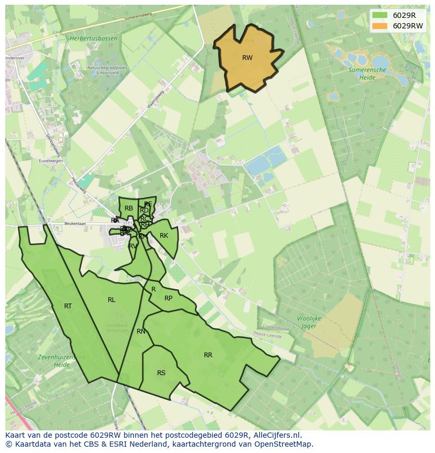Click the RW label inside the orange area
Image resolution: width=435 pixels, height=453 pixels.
click(247, 58)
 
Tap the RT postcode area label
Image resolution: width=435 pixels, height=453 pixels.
click(68, 306)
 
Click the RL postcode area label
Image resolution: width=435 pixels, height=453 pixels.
click(111, 300)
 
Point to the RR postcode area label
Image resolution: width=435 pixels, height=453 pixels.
click(208, 355)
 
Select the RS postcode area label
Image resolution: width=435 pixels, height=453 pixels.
click(161, 373)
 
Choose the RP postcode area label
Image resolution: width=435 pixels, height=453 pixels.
click(168, 298)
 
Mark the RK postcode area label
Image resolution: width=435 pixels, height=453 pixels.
click(164, 236)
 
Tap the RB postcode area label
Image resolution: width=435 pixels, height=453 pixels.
click(129, 208)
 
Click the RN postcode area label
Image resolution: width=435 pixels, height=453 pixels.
click(141, 331)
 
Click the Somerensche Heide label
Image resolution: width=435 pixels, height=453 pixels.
click(367, 73)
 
